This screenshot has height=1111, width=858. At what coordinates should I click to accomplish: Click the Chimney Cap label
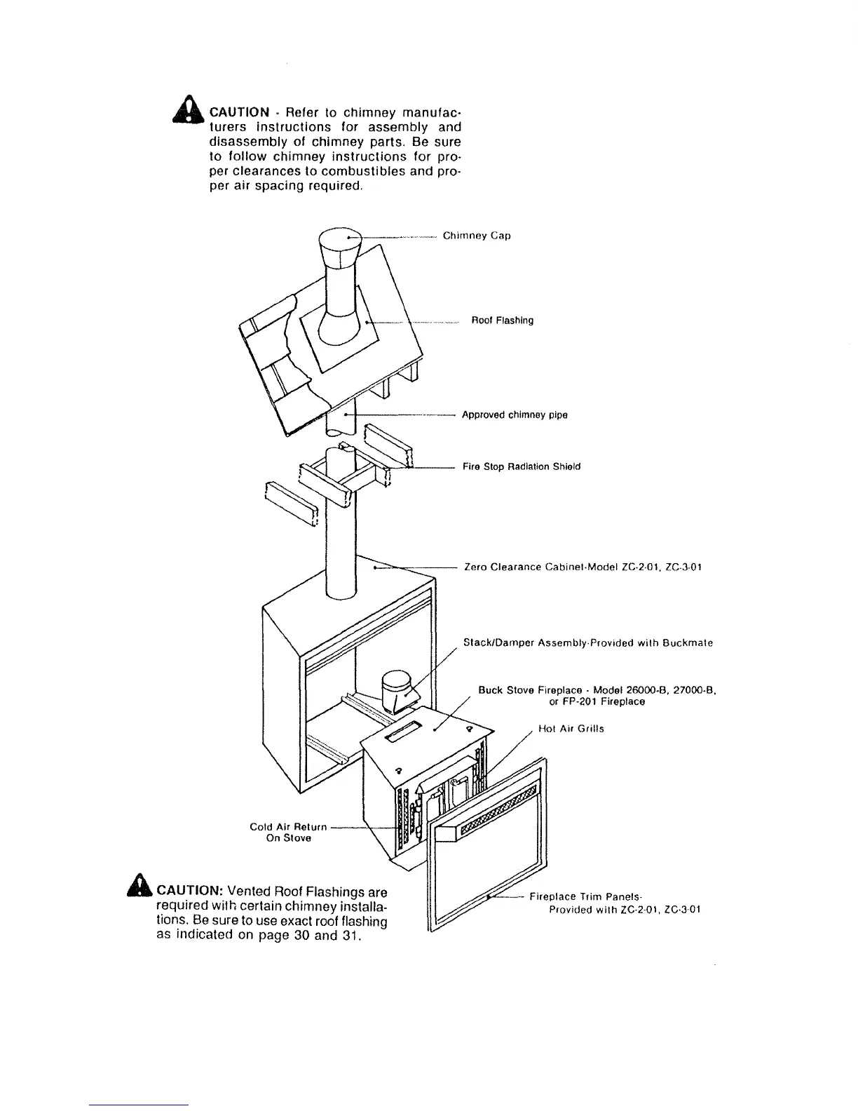pyautogui.click(x=477, y=236)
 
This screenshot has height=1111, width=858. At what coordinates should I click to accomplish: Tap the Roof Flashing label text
pyautogui.click(x=502, y=321)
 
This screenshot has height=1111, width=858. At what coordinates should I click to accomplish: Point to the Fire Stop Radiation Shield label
pyautogui.click(x=522, y=466)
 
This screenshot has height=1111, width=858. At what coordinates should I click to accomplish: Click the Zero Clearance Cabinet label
pyautogui.click(x=583, y=567)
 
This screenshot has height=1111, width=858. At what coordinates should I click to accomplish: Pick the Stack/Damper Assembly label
pyautogui.click(x=588, y=642)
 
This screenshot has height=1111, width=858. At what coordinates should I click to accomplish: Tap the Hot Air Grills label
pyautogui.click(x=571, y=729)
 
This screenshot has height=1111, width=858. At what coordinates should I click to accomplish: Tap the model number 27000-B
pyautogui.click(x=693, y=690)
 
